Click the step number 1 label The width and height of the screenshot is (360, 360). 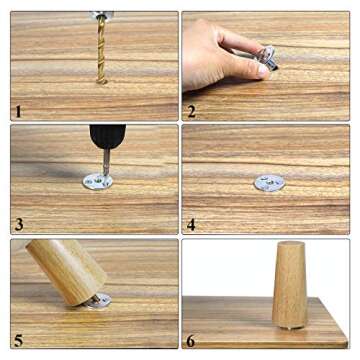pyautogui.click(x=17, y=112)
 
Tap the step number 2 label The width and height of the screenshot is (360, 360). pyautogui.click(x=191, y=112)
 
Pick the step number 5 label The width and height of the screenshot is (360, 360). pyautogui.click(x=17, y=339)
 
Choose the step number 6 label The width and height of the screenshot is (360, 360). pyautogui.click(x=191, y=339)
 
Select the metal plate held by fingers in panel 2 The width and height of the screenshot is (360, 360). pyautogui.click(x=266, y=57)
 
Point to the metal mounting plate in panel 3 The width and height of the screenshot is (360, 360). pyautogui.click(x=97, y=181)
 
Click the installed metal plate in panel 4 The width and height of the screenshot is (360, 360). pyautogui.click(x=268, y=183)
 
